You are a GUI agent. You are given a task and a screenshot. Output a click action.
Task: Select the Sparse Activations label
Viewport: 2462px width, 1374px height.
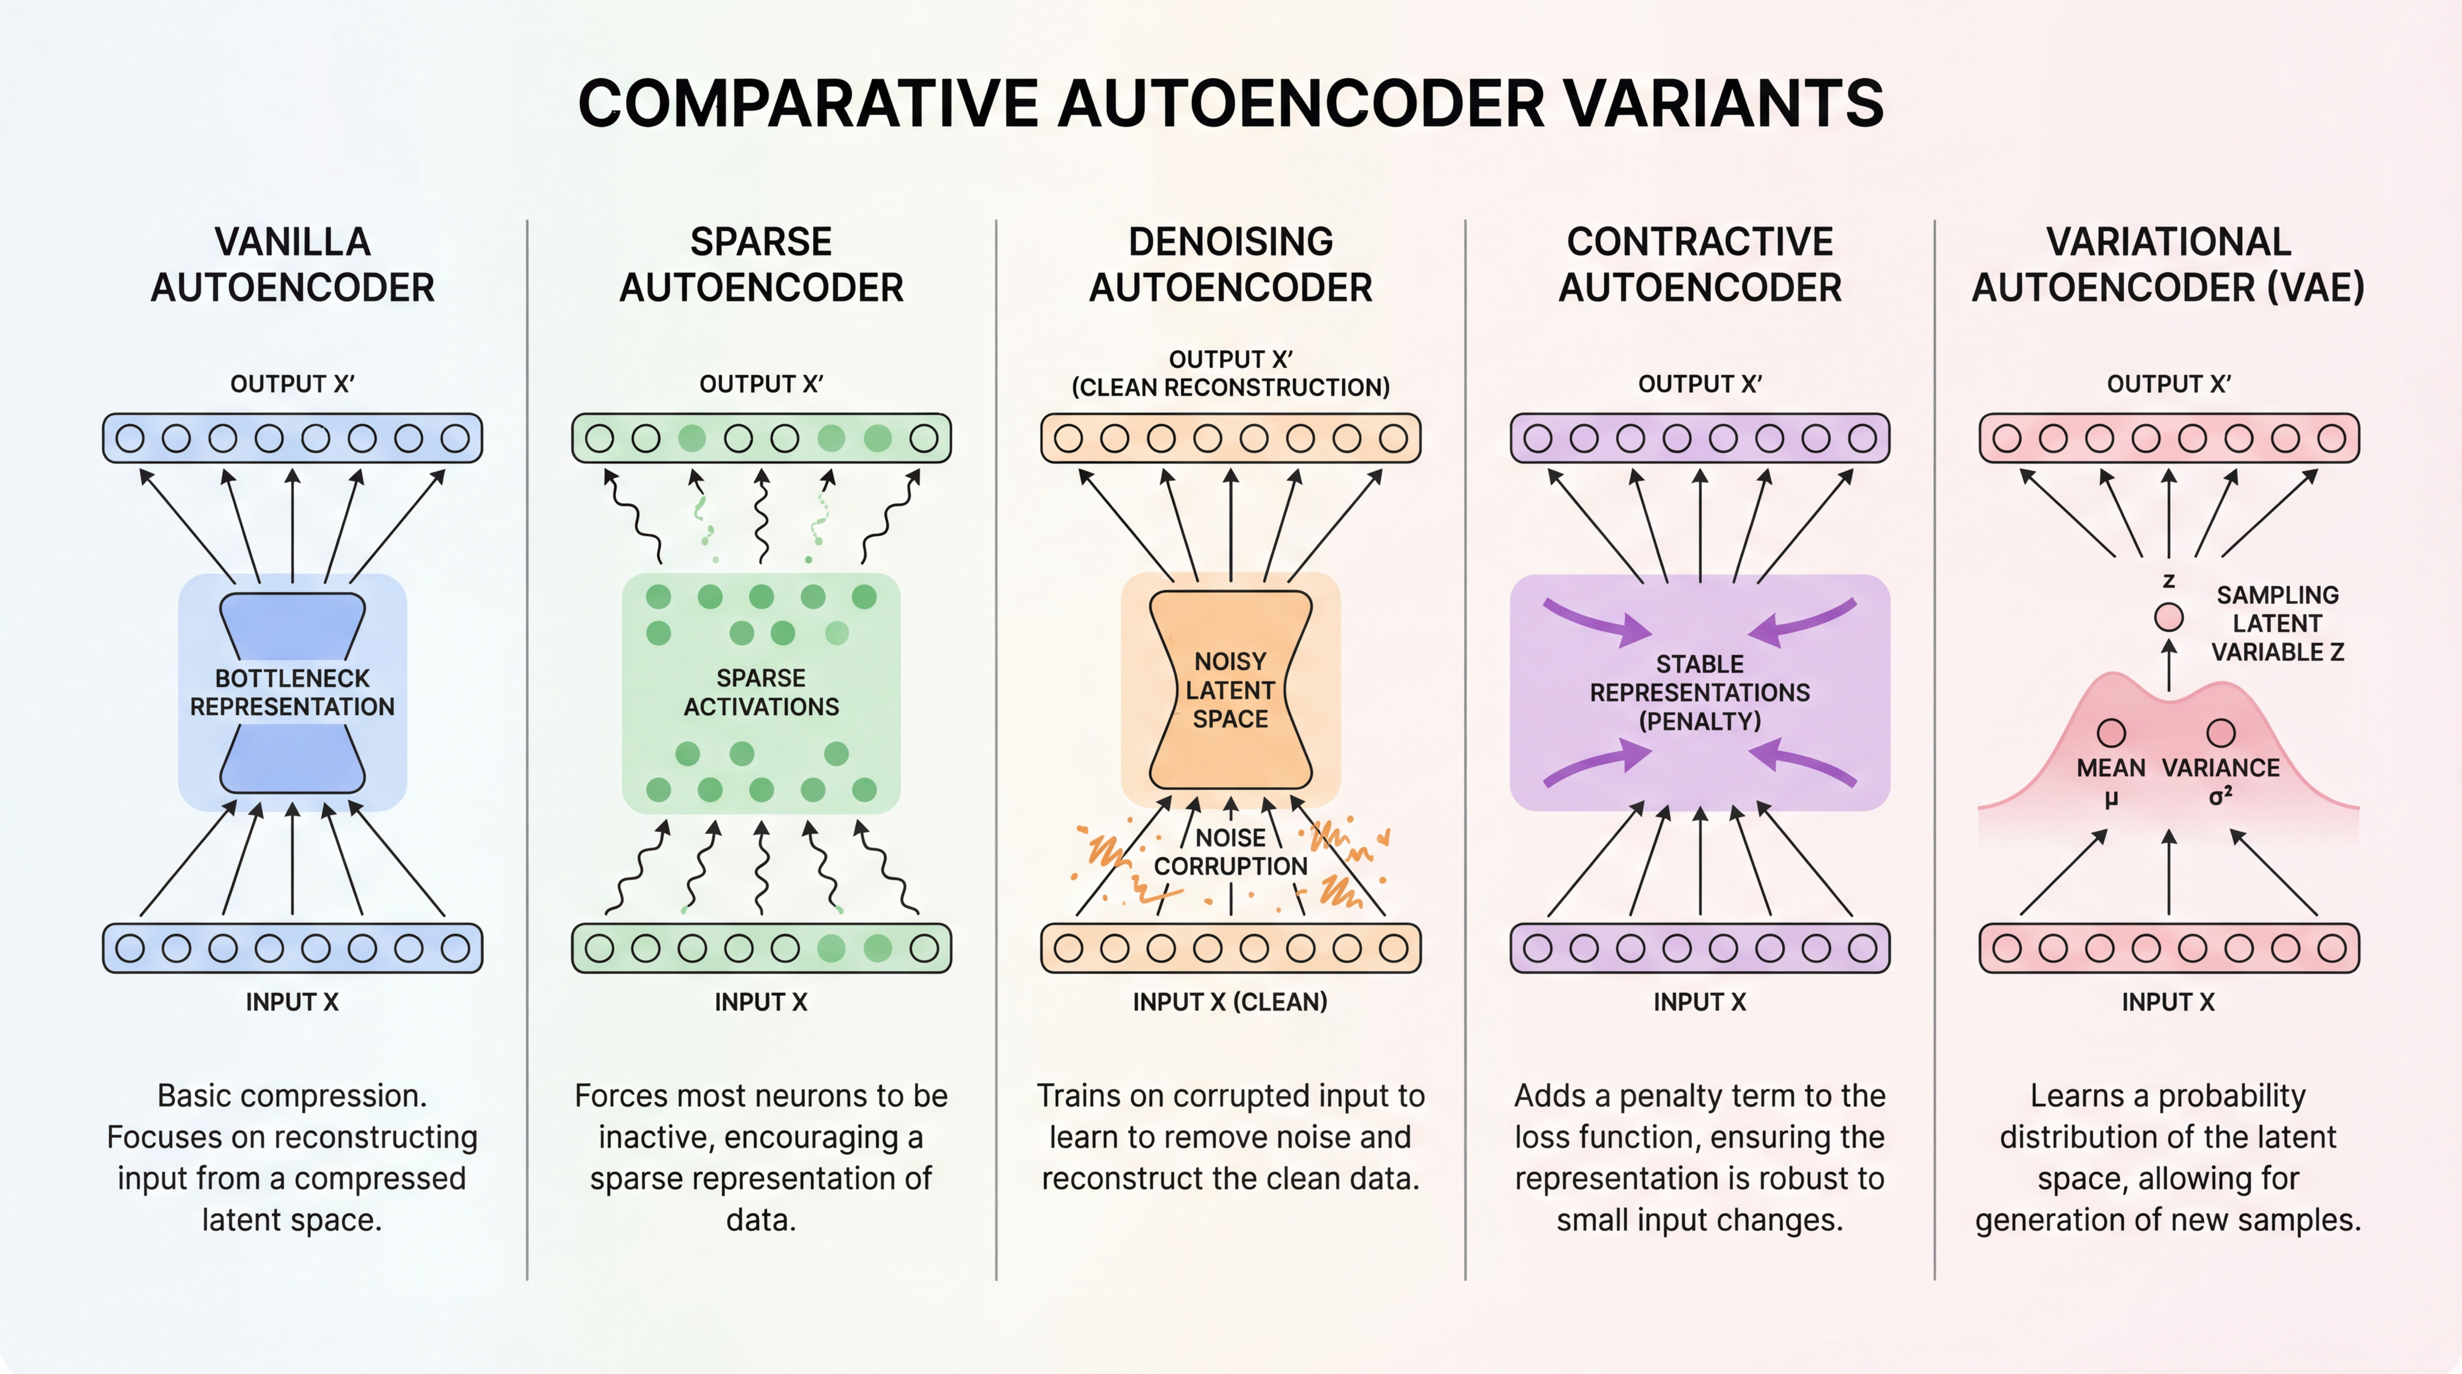click(x=761, y=693)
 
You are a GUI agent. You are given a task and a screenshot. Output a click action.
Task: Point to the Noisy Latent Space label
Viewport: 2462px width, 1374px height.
click(x=1230, y=690)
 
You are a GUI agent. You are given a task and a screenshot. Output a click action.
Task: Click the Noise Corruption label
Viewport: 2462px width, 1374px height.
click(x=1230, y=851)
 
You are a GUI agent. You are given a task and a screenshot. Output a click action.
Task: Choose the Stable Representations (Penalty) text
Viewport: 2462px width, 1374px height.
click(x=1699, y=693)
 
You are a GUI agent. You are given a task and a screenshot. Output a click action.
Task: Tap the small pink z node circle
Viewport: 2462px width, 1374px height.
click(x=2169, y=617)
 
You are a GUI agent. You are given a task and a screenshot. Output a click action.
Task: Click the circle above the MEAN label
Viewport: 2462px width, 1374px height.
click(x=2111, y=733)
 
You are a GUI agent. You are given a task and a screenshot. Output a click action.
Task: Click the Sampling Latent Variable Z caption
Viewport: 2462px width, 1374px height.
click(x=2278, y=623)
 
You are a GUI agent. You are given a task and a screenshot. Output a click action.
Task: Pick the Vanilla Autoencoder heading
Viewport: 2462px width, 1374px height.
click(x=293, y=265)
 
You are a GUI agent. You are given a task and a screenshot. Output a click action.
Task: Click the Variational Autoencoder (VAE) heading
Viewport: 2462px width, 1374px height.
click(x=2168, y=265)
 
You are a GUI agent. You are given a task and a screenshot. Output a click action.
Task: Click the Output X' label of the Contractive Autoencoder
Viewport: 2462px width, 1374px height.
click(x=1699, y=384)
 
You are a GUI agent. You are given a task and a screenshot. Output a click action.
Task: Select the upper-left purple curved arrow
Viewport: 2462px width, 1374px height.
click(x=1596, y=621)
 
